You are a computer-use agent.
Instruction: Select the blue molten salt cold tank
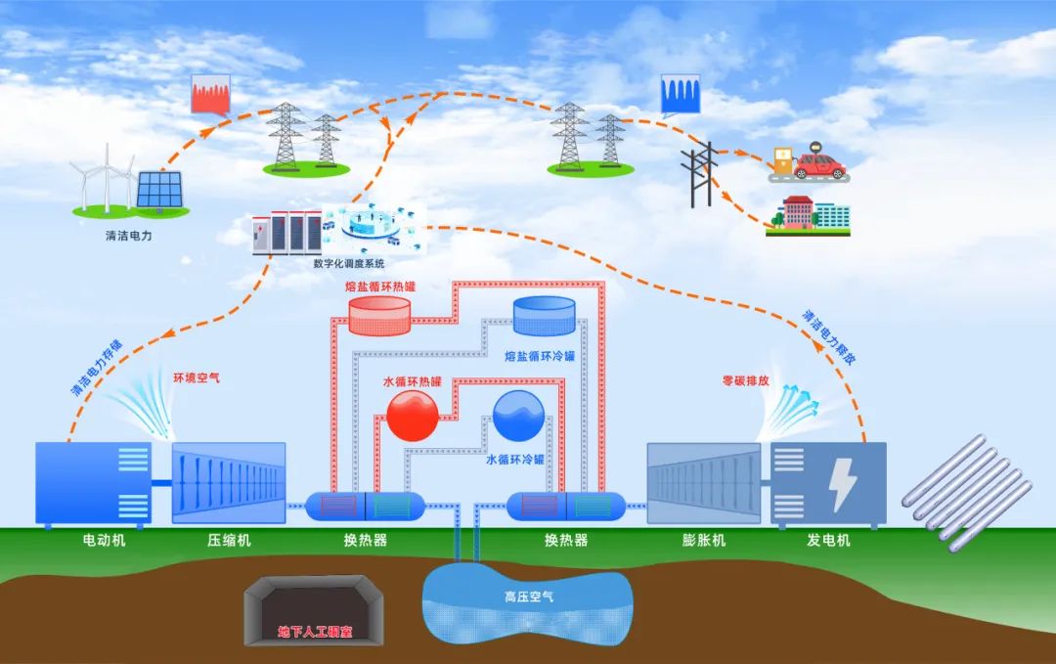point(544,316)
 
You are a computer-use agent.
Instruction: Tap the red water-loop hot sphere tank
point(413,416)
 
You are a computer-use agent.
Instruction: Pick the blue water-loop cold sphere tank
point(518,416)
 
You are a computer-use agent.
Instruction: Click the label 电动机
point(104,540)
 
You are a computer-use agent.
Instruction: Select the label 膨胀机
point(703,540)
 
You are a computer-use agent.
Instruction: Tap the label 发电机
point(828,540)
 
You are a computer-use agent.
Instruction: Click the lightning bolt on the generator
point(840,483)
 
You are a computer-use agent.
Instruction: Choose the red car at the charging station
point(818,164)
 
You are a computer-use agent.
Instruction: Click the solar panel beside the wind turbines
point(157,190)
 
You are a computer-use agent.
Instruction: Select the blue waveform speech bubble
point(681,94)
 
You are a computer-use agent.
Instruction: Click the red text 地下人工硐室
point(315,632)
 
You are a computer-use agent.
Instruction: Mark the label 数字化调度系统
point(349,264)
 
